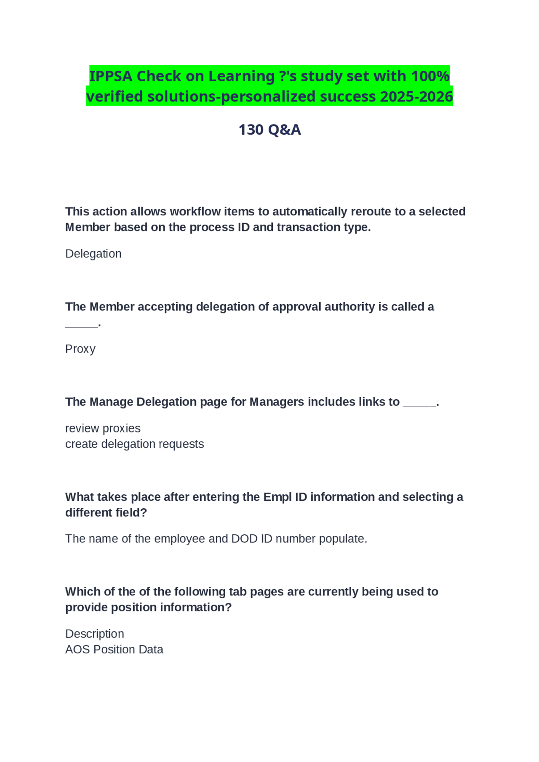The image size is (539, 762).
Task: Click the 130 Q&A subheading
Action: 269,130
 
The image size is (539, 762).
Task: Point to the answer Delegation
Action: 93,254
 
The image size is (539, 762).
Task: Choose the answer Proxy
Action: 80,349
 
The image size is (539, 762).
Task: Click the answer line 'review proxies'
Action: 103,428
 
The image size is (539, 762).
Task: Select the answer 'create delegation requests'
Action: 134,444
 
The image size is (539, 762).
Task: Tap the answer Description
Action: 94,634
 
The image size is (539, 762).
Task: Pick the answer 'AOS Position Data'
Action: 114,649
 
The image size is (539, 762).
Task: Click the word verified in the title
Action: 115,97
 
